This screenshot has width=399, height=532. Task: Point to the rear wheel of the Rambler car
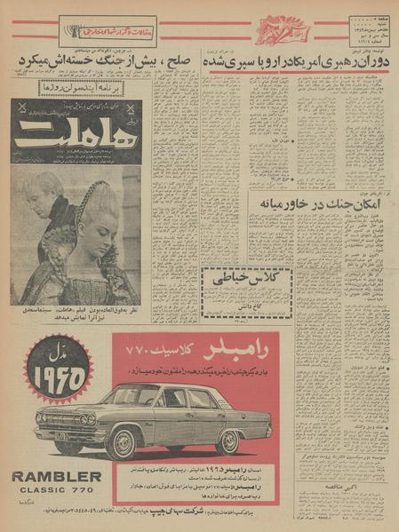[x=228, y=440]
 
